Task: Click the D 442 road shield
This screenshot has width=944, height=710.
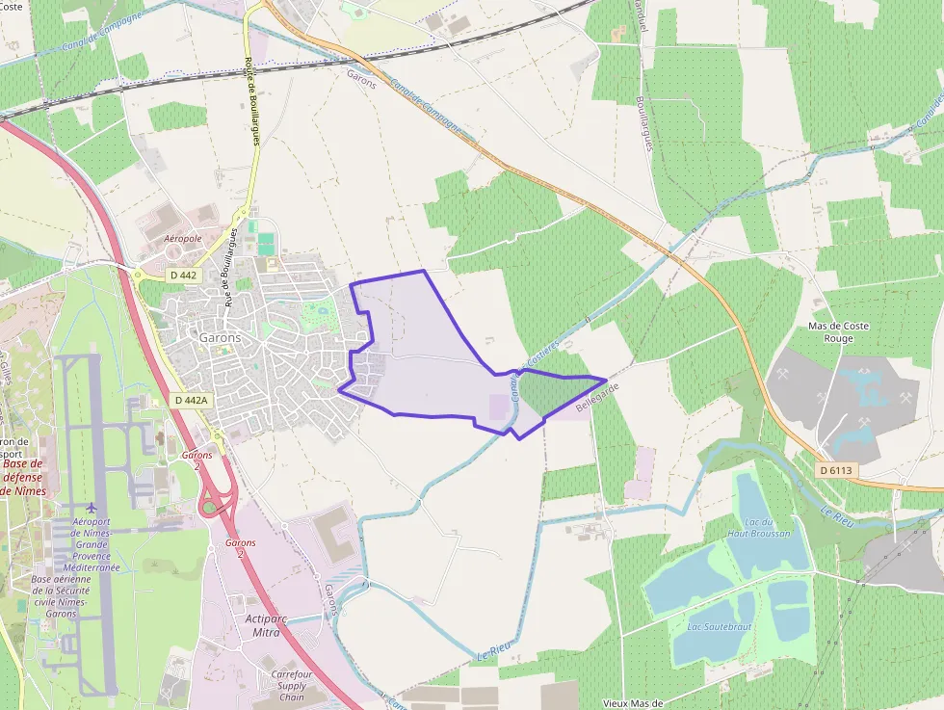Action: (x=182, y=276)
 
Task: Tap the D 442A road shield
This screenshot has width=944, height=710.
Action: (x=192, y=400)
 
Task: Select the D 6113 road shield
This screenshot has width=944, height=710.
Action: (x=836, y=470)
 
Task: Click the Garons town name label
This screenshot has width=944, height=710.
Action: (x=220, y=338)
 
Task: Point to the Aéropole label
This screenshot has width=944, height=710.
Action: (x=183, y=238)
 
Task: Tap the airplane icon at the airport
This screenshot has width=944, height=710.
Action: (x=92, y=508)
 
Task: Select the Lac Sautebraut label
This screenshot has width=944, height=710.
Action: (x=719, y=626)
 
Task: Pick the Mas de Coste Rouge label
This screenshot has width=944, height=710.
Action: (x=838, y=332)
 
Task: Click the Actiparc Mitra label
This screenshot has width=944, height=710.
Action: (x=263, y=625)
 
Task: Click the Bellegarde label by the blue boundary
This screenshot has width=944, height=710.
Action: (x=595, y=398)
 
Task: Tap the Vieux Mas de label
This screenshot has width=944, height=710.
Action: (x=633, y=703)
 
